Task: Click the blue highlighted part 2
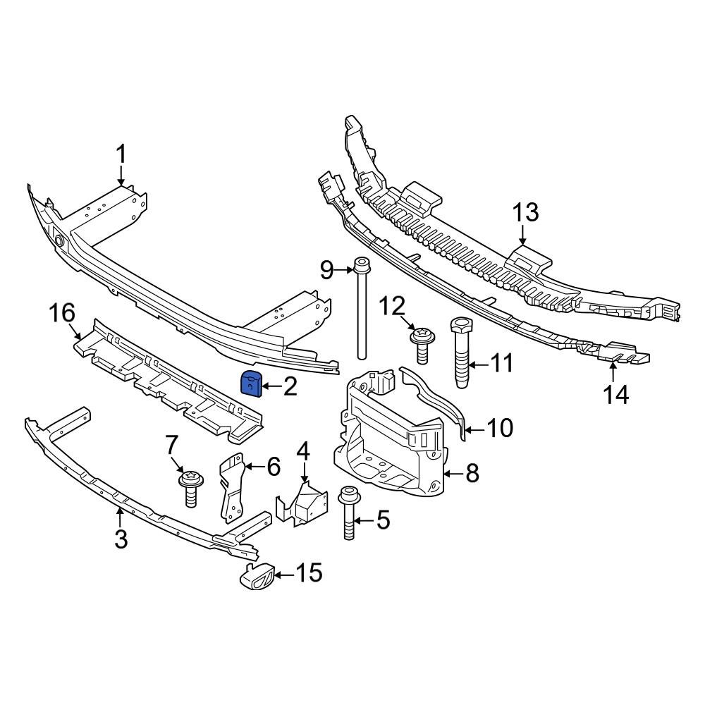coord(252,383)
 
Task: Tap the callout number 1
coord(121,154)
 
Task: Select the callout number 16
coord(61,312)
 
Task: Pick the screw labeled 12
coord(422,343)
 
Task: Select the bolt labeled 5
coord(348,515)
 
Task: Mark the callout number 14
coord(615,395)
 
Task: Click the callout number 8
coord(472,474)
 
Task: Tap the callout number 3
coord(121,540)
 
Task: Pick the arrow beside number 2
coord(271,386)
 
